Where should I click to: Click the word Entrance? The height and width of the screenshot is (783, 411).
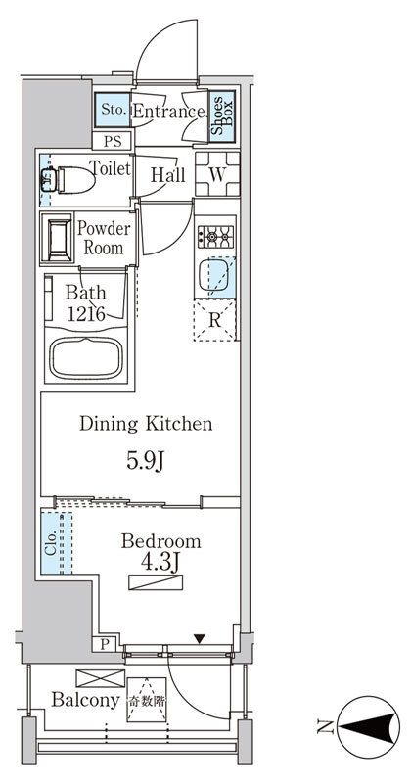click(167, 112)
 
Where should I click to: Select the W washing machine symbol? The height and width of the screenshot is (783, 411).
click(217, 175)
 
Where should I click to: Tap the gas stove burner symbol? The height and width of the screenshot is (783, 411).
click(215, 236)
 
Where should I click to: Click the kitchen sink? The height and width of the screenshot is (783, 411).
click(215, 278)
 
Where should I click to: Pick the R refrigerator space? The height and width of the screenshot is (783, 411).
click(216, 320)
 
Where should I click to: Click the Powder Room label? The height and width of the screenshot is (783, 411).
click(104, 238)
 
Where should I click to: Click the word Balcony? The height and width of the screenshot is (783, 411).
click(85, 701)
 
